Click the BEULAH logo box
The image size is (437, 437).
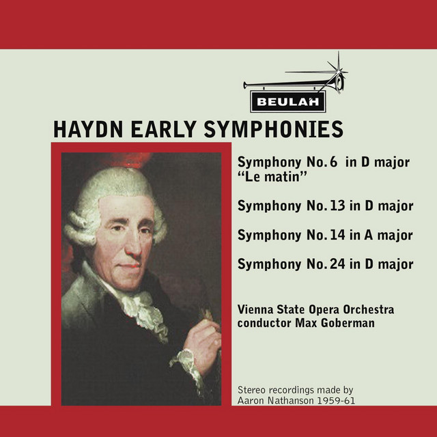pyautogui.click(x=288, y=102)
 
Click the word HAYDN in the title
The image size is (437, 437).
pyautogui.click(x=88, y=129)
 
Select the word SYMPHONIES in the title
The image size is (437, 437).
pyautogui.click(x=274, y=129)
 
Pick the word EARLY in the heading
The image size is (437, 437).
pyautogui.click(x=164, y=129)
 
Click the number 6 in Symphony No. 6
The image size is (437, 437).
pyautogui.click(x=333, y=162)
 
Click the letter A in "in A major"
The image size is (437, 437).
pyautogui.click(x=368, y=235)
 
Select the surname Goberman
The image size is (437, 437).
pyautogui.click(x=348, y=323)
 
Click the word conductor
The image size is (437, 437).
pyautogui.click(x=264, y=323)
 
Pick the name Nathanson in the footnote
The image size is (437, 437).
pyautogui.click(x=291, y=401)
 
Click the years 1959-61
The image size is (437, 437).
pyautogui.click(x=336, y=401)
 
